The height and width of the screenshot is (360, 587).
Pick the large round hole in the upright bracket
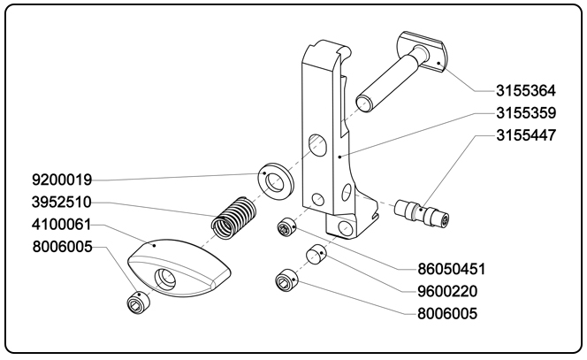click(316, 144)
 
